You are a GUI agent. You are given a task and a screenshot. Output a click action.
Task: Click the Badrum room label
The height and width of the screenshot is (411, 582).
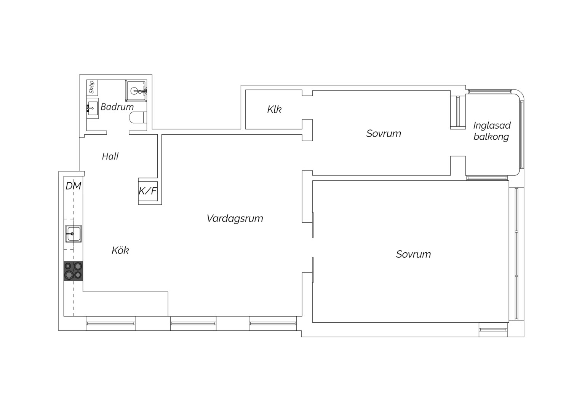[x=117, y=107]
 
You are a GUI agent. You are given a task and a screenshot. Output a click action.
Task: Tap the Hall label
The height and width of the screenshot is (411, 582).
[x=110, y=156]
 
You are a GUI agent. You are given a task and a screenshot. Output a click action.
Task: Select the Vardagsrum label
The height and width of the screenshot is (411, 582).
[x=235, y=218]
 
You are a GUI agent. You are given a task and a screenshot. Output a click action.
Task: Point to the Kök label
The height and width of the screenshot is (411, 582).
[x=120, y=250]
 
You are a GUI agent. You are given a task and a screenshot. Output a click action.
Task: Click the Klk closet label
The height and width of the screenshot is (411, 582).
[x=274, y=109]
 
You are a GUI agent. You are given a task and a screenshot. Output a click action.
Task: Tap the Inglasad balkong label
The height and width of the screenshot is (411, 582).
[x=492, y=131]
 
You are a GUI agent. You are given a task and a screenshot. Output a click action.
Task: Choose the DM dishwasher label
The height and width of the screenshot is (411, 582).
[x=73, y=186]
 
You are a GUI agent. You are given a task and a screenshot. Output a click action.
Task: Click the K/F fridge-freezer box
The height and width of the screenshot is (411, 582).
[x=148, y=191]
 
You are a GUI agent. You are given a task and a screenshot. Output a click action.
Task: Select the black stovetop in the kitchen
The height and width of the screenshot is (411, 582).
[x=73, y=271]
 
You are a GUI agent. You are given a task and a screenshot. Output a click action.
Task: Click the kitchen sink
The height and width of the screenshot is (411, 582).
[x=73, y=234]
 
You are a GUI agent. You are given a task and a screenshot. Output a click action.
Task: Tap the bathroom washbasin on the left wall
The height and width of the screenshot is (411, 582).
[x=92, y=108]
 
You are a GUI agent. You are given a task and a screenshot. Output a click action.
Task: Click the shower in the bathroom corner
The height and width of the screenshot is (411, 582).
[x=136, y=90]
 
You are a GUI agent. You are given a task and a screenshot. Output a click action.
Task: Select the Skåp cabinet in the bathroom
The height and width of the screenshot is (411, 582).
[x=92, y=88]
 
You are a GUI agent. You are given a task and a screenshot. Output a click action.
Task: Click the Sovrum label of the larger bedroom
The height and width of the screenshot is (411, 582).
[x=413, y=254]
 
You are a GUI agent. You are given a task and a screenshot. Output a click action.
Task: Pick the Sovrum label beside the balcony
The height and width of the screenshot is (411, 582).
[x=384, y=134]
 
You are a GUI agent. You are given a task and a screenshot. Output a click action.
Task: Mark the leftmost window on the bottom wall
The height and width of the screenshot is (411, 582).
[x=111, y=323]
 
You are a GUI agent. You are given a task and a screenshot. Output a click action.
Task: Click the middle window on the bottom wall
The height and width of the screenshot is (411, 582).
[x=193, y=323]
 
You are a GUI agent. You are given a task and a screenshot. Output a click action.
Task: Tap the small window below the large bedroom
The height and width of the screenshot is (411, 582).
[x=493, y=330]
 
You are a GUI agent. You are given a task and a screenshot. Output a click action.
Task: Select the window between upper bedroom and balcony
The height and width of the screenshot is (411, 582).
[x=458, y=111]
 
